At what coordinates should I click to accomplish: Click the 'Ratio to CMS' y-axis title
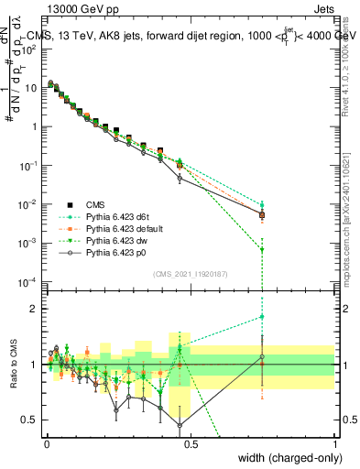pos(14,365)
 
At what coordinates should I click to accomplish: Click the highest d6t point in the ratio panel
pos(263,316)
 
